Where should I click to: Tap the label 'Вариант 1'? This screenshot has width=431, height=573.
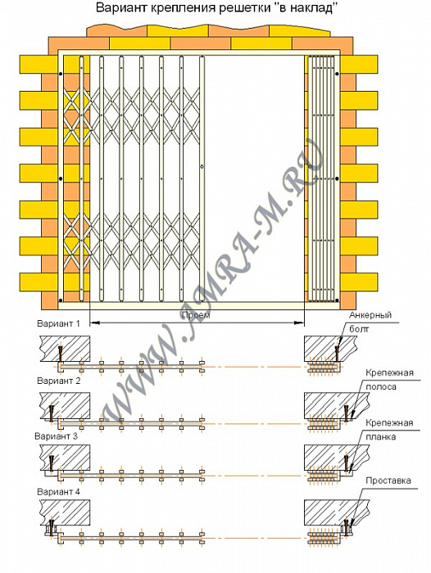point(58,324)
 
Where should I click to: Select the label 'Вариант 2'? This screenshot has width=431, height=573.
point(58,381)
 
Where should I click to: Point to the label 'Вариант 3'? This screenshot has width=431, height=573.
point(57,436)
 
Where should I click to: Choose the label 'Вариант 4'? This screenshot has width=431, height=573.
point(58,492)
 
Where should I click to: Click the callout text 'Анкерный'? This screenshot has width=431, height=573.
point(370,315)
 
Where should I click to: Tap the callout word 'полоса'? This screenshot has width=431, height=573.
point(380,386)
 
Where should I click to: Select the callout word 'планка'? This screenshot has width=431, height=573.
point(380,436)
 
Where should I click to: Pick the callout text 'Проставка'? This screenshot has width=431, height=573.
point(388,481)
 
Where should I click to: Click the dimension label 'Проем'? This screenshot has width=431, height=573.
point(195,315)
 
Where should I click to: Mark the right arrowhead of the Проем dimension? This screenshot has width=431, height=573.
point(301,323)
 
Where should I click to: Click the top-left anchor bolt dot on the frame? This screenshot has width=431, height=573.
point(61,74)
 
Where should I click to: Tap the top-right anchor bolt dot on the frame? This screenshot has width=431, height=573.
point(337,74)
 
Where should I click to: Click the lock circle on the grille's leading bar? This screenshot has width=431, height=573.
point(202,167)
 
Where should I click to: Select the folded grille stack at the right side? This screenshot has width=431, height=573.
point(321,178)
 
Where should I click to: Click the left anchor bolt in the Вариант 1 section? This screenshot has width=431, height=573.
point(60,353)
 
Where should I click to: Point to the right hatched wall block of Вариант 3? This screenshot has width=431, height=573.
point(336,457)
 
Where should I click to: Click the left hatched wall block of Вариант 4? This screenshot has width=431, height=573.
point(65,512)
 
